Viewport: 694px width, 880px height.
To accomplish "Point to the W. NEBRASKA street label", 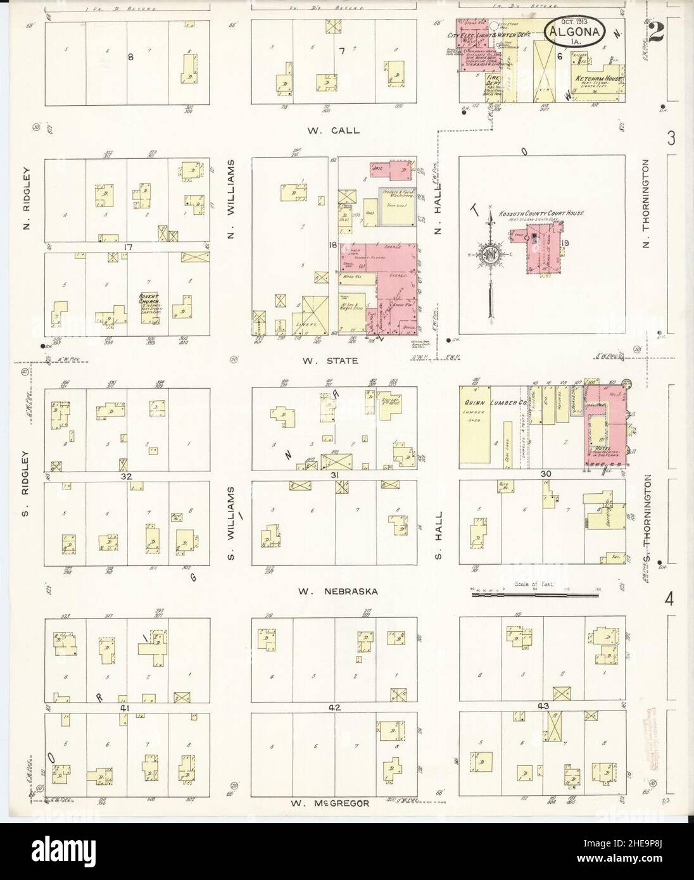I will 339,591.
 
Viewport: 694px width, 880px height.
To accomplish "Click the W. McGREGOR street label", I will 329,803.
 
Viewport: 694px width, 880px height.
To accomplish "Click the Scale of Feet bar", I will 535,594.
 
